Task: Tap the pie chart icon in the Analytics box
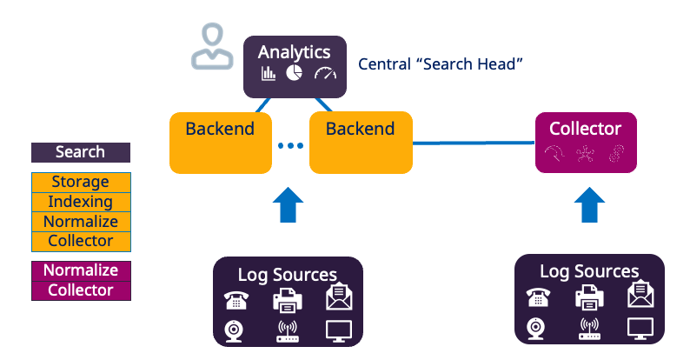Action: pos(294,73)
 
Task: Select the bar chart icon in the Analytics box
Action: pos(268,74)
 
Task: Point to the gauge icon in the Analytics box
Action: pos(324,74)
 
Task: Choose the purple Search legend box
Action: pos(81,152)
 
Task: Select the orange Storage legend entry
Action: pos(81,183)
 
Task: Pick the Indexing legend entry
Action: pos(81,202)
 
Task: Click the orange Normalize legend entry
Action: pos(81,222)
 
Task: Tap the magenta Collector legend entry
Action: pos(81,290)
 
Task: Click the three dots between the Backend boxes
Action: pos(288,145)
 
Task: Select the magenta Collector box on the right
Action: pos(586,141)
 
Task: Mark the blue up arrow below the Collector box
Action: pos(590,207)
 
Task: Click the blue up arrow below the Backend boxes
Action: pos(288,207)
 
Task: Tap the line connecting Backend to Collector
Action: pos(474,142)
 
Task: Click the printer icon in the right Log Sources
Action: pos(589,298)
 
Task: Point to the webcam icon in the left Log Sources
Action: pos(234,330)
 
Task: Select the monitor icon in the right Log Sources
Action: pos(640,329)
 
